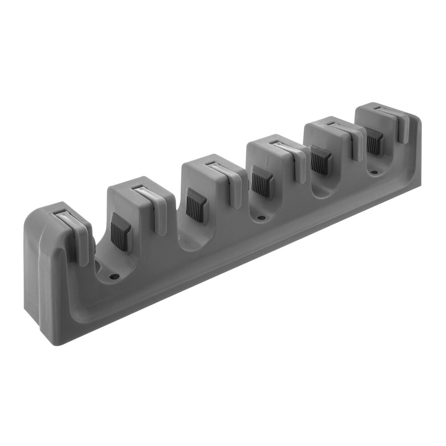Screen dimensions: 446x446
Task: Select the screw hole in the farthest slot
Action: click(375, 171)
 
